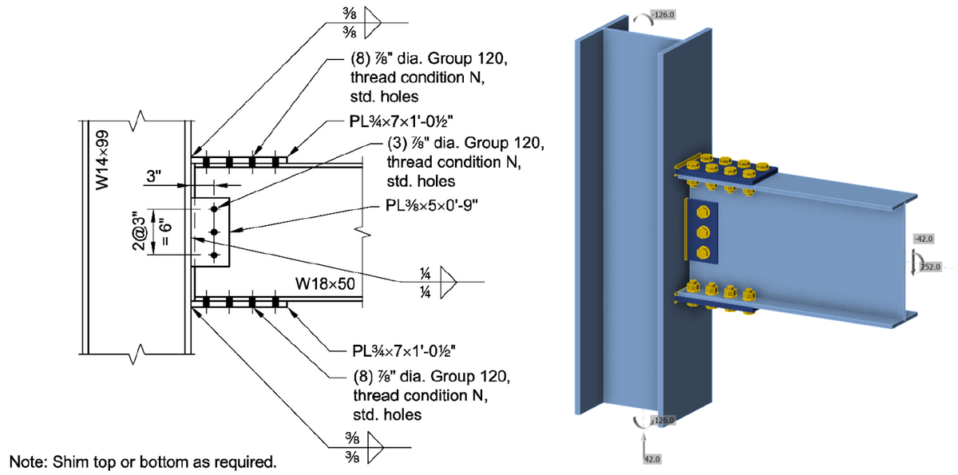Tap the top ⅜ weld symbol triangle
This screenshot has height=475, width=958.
tap(370, 23)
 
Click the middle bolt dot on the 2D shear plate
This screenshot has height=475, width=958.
tap(215, 232)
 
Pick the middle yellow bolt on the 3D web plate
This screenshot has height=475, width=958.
tap(703, 232)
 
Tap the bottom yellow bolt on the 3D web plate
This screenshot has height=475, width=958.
tap(703, 252)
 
